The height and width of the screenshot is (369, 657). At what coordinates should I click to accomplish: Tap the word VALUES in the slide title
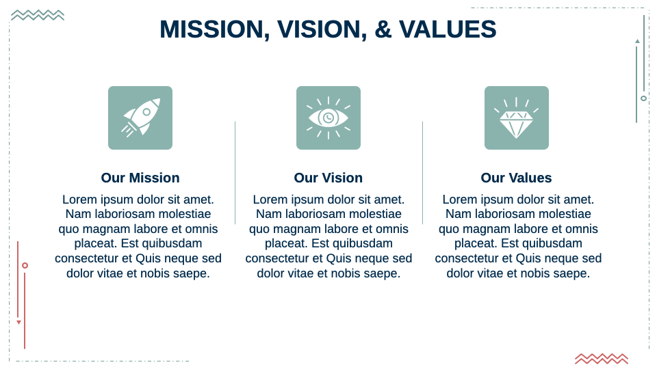[x=448, y=29]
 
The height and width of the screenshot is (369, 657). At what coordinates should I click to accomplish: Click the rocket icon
[x=140, y=118]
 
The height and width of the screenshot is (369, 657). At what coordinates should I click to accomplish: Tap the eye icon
[x=328, y=118]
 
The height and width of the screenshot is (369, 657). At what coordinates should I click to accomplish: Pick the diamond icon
[x=516, y=118]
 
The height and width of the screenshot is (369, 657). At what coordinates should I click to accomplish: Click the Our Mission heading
[x=140, y=178]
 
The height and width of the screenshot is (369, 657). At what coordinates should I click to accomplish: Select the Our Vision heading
[x=328, y=178]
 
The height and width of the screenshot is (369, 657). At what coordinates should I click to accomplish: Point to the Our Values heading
[x=516, y=178]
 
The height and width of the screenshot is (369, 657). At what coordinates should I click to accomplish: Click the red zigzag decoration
[x=602, y=358]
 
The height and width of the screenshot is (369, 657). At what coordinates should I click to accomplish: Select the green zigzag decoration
[x=38, y=15]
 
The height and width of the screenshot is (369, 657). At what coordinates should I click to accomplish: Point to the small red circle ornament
[x=25, y=265]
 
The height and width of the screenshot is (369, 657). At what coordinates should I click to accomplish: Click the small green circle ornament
[x=643, y=98]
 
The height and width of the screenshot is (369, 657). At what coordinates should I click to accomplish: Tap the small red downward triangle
[x=18, y=322]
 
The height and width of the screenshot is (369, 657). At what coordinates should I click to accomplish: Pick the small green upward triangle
[x=637, y=41]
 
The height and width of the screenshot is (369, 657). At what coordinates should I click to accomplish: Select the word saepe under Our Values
[x=572, y=273]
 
